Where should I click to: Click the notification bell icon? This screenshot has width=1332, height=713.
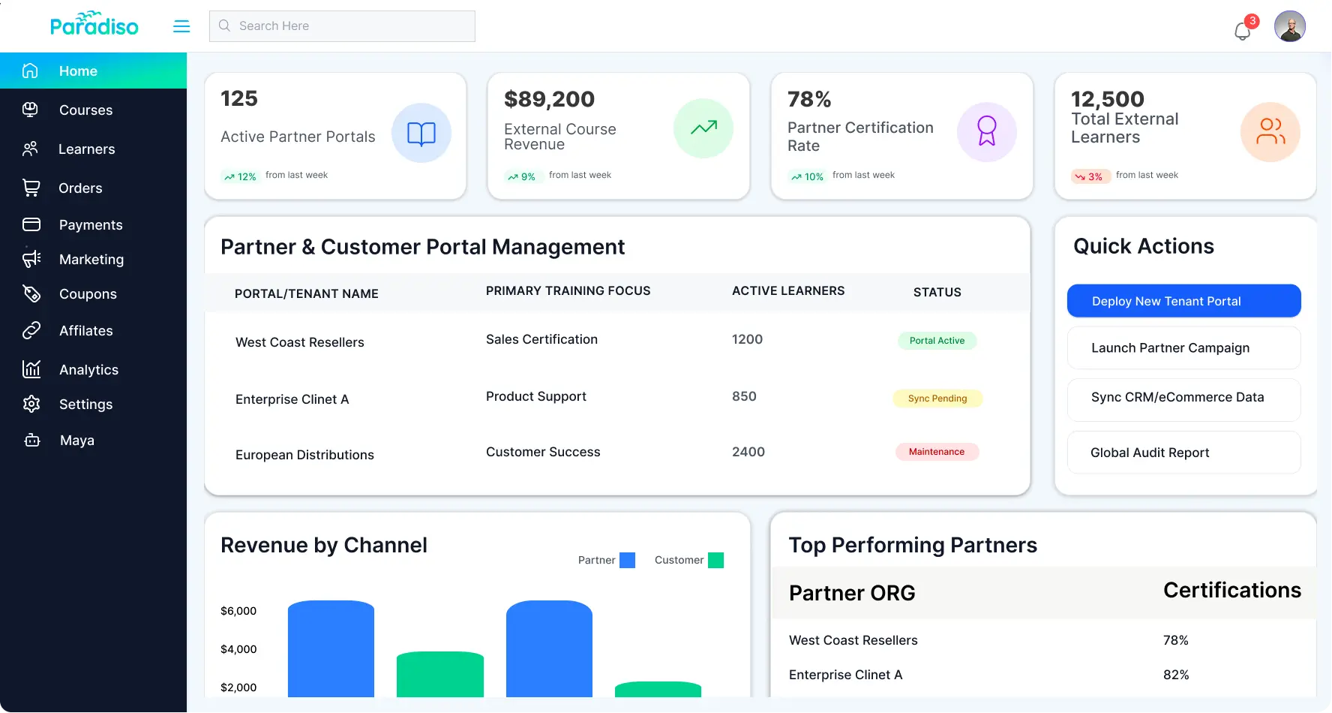(x=1242, y=31)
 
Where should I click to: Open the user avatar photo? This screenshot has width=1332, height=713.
(x=1289, y=26)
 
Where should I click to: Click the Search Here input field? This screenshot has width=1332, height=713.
(x=342, y=26)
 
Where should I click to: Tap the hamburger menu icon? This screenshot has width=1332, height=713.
(x=181, y=26)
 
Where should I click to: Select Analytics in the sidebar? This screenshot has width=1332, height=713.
(x=88, y=369)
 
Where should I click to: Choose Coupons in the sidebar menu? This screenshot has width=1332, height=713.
(x=88, y=294)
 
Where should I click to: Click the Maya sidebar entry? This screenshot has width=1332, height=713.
(x=76, y=441)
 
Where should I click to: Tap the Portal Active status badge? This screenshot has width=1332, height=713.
(x=937, y=341)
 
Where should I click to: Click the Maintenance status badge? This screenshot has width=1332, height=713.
(x=937, y=452)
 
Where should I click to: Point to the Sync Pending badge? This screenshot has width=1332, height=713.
(x=937, y=399)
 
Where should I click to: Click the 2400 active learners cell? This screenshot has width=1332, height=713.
(x=748, y=452)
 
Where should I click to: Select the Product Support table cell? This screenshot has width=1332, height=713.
(x=535, y=396)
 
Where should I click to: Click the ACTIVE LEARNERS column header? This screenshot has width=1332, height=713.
(x=787, y=291)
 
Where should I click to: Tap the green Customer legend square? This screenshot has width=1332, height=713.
(x=715, y=560)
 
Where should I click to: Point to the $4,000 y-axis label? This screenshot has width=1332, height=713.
(x=238, y=649)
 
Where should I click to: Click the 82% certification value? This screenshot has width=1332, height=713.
(x=1175, y=675)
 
